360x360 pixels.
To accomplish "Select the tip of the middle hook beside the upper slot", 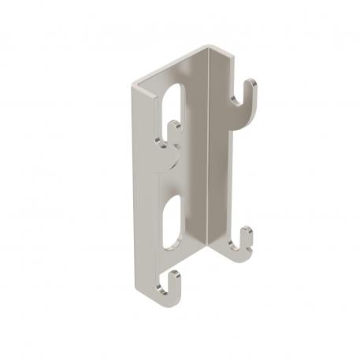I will pyautogui.click(x=178, y=125).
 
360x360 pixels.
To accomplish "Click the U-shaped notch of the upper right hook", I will pyautogui.click(x=242, y=100).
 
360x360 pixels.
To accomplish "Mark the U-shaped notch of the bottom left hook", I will pyautogui.click(x=168, y=286).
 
